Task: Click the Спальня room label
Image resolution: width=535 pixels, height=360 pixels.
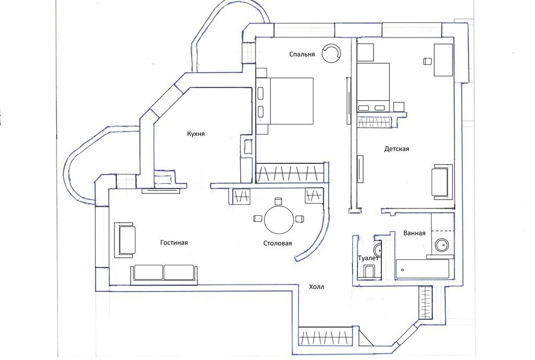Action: pos(303,54)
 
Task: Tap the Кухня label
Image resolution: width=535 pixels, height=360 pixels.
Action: pos(196,134)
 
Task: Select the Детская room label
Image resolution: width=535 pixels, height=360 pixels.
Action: pos(397,149)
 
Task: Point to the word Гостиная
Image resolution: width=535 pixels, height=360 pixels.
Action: pos(174,242)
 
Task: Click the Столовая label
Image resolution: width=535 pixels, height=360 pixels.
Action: pos(277,243)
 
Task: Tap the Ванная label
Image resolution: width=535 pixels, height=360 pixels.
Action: pos(414,233)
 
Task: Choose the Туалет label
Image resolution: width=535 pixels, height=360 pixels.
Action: pos(368,258)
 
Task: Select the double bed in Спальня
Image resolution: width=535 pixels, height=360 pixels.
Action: pos(289,101)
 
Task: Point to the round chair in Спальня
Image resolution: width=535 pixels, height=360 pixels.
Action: pos(332,53)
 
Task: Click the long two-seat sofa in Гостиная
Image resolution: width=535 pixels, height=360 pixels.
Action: pos(164,273)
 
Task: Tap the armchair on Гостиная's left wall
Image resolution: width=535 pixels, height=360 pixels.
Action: pos(126,240)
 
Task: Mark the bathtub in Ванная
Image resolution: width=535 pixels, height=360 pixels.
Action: pos(422,269)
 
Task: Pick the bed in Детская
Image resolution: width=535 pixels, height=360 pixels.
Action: pos(374,85)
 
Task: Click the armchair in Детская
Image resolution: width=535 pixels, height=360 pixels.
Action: pos(441,181)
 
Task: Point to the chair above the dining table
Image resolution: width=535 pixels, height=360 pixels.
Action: pos(278,201)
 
